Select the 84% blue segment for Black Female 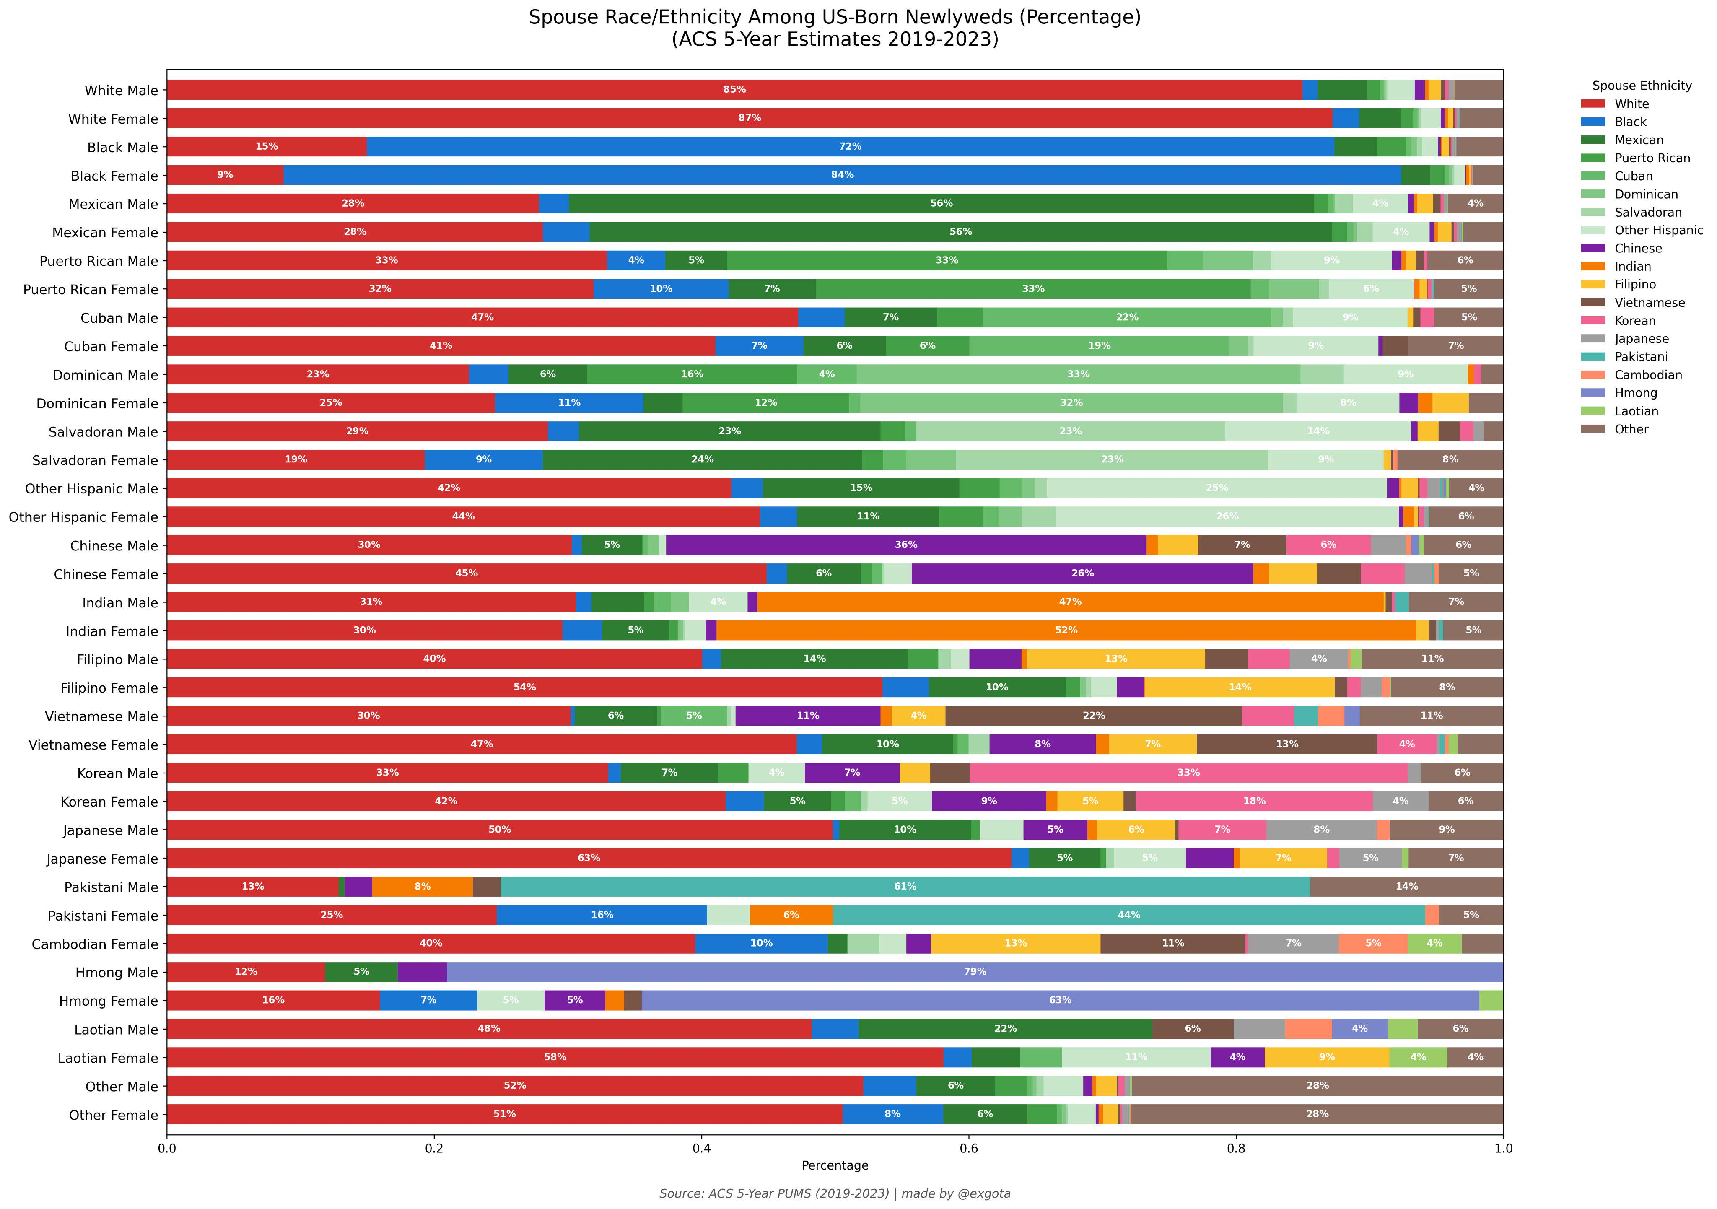pos(842,175)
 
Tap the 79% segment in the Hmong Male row pos(975,972)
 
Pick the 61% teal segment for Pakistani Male pos(905,887)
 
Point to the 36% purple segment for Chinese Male pos(905,545)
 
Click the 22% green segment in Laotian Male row pos(1005,1029)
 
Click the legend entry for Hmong pos(1636,393)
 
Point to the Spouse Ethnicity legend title pos(1642,86)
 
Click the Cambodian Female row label pos(95,944)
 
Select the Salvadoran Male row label pos(103,432)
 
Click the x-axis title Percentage pos(835,1166)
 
